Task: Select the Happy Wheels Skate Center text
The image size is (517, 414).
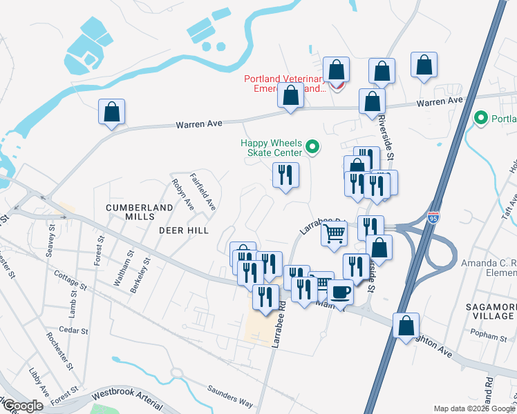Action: click(272, 148)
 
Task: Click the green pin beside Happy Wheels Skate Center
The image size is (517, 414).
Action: click(312, 146)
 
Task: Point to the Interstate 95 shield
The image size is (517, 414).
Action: click(433, 217)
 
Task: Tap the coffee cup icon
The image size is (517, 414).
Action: click(339, 293)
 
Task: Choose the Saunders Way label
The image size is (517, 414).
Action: click(230, 398)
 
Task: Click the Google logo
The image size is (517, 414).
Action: click(22, 406)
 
